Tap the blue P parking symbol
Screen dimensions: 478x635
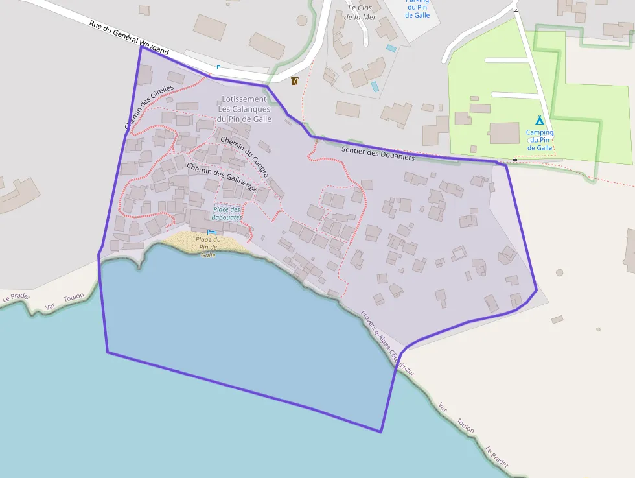click(218, 67)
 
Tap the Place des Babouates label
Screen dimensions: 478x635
click(227, 213)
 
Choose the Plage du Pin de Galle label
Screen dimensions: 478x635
click(208, 247)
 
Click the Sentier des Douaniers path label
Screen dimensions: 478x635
click(377, 154)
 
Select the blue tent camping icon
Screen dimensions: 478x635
click(539, 120)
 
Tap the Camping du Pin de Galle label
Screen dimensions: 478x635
click(540, 140)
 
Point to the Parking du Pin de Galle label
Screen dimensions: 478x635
click(418, 8)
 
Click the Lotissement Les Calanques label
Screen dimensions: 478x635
click(244, 109)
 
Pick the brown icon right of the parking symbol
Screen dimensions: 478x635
click(295, 81)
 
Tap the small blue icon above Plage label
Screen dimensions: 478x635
click(211, 232)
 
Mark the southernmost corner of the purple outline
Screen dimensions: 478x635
click(381, 432)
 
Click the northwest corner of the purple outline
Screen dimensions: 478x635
click(141, 47)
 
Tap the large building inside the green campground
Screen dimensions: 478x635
click(504, 133)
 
